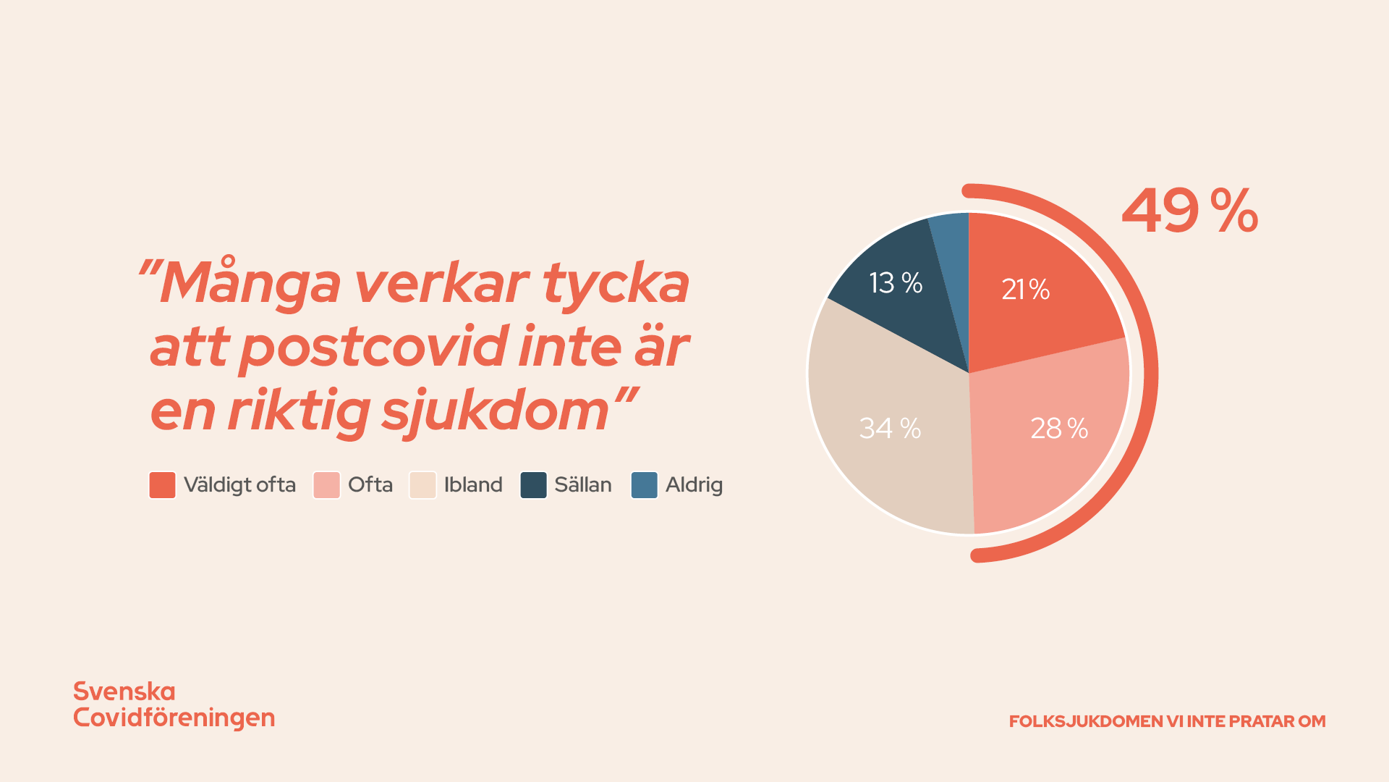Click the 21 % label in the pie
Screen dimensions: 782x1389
tap(1025, 290)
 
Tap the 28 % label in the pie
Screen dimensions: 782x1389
tap(1059, 429)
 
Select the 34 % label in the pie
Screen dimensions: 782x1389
tap(890, 429)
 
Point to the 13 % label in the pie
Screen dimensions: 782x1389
tap(896, 283)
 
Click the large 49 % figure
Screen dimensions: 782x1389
tap(1190, 211)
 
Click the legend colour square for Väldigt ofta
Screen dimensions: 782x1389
tap(162, 485)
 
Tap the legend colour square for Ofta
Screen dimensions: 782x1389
tap(326, 485)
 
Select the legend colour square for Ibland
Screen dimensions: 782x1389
tap(422, 485)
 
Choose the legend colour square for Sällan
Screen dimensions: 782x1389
tap(534, 485)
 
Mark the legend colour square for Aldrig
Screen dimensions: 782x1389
tap(645, 485)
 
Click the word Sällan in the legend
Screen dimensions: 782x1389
tap(583, 485)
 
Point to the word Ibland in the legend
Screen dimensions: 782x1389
tap(473, 485)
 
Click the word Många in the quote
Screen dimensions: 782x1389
tap(249, 283)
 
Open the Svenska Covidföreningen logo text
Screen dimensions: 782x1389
tap(174, 705)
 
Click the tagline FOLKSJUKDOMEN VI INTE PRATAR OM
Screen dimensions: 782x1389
tap(1167, 721)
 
